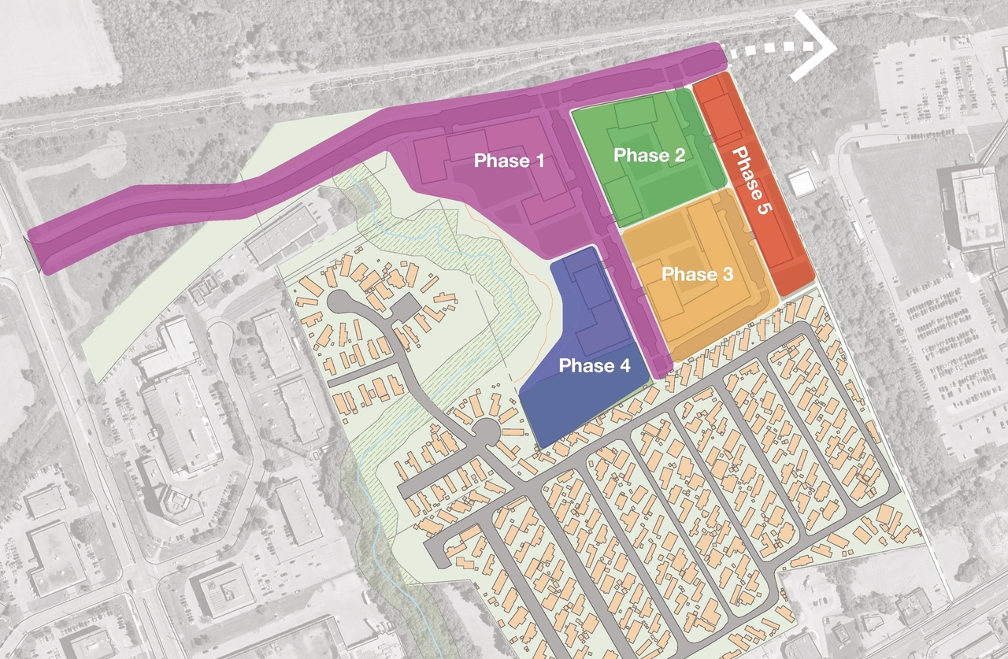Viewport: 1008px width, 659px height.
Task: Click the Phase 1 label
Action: click(x=510, y=161)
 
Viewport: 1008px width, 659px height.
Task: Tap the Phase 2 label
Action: click(x=649, y=155)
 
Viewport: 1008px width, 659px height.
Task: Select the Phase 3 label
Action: click(x=697, y=274)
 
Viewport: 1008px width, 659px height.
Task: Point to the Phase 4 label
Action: click(x=595, y=365)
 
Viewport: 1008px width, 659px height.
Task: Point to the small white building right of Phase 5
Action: click(x=802, y=183)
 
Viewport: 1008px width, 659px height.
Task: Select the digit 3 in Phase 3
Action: click(x=728, y=274)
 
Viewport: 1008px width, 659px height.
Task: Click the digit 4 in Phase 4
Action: click(x=625, y=365)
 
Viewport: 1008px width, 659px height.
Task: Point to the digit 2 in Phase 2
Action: click(x=678, y=155)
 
